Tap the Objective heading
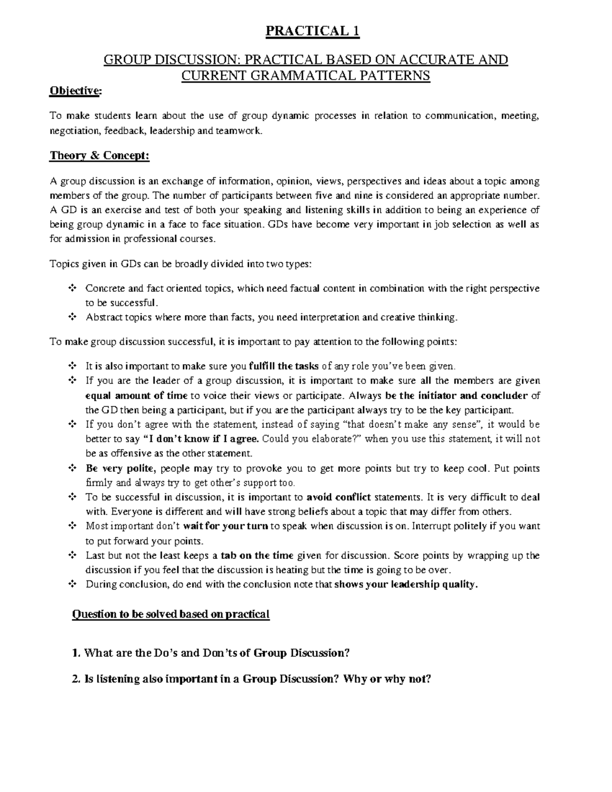[75, 91]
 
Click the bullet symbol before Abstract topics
[72, 317]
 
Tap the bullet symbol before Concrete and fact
[72, 289]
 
